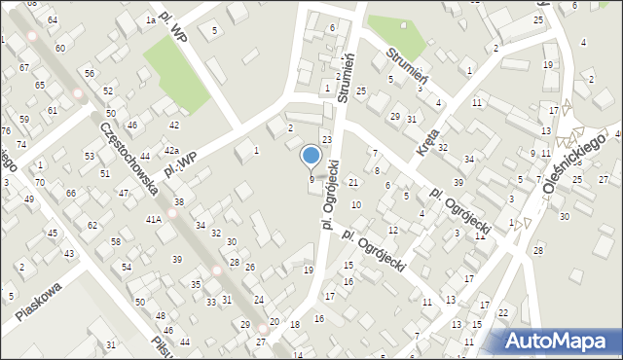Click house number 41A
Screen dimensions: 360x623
(154, 220)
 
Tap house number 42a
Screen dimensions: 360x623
(171, 150)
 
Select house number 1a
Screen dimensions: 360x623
(150, 19)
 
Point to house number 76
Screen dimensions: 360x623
(6, 131)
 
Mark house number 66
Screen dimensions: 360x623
(71, 194)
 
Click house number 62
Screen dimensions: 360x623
(92, 225)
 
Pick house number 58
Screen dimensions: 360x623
(115, 241)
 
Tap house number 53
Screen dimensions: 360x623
(89, 156)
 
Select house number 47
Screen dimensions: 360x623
(124, 194)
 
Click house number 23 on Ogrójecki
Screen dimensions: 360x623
(327, 140)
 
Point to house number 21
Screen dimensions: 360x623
(353, 183)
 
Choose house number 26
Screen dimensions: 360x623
(250, 267)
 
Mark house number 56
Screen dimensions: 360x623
(89, 74)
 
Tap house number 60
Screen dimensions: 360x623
(60, 48)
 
